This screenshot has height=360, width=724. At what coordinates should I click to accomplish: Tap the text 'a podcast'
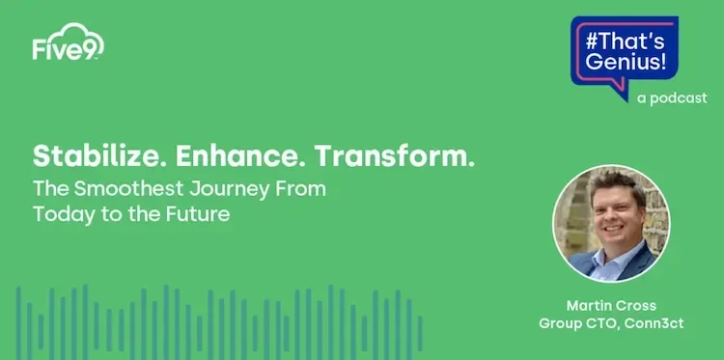click(672, 97)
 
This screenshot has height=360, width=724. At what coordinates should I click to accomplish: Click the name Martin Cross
click(610, 306)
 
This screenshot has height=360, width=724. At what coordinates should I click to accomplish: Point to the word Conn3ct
click(654, 323)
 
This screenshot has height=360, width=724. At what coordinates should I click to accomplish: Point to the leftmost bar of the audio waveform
click(18, 322)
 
